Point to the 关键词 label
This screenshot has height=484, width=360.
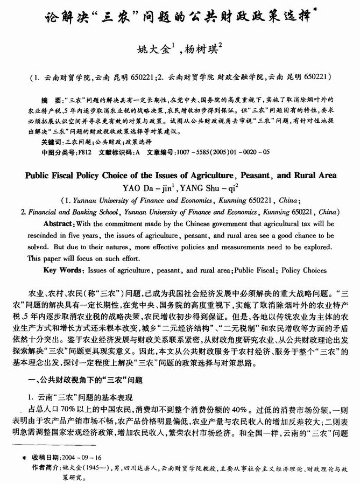coord(52,142)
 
